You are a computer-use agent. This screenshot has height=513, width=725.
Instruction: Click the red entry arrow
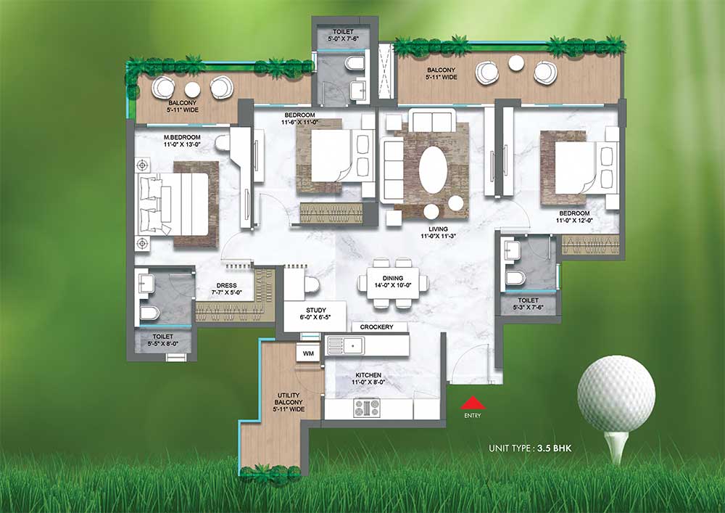coord(473,403)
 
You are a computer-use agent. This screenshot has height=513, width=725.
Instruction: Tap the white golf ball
coord(616,394)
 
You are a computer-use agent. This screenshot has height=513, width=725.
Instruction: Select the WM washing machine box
coord(308,353)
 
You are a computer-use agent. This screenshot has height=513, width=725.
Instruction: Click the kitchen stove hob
coord(367,408)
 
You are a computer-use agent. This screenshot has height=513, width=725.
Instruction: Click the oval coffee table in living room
coord(433,170)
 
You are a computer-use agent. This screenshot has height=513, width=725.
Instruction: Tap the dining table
coord(393,283)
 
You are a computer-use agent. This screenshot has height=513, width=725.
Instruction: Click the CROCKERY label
coord(376,327)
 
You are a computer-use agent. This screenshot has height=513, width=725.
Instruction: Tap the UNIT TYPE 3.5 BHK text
coord(530,448)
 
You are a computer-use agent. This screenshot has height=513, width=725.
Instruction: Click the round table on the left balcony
coord(192,89)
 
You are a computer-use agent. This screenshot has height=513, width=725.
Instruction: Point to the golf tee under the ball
coord(617,446)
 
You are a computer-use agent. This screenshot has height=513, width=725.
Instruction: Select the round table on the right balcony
coord(516,63)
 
